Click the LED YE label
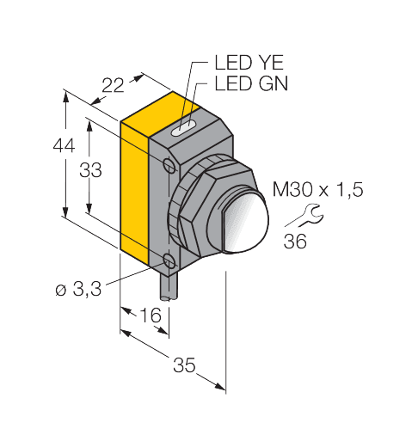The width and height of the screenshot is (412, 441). click(249, 63)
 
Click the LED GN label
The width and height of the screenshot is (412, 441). click(251, 83)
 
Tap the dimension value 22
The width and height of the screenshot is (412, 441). click(113, 85)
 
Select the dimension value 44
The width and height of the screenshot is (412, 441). click(64, 145)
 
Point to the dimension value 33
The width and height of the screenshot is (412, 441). click(90, 170)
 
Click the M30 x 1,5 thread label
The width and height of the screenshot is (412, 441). click(317, 189)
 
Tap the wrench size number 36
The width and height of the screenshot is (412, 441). click(295, 241)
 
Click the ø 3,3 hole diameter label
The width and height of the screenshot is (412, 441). click(78, 289)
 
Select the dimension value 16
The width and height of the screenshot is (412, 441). click(151, 315)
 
